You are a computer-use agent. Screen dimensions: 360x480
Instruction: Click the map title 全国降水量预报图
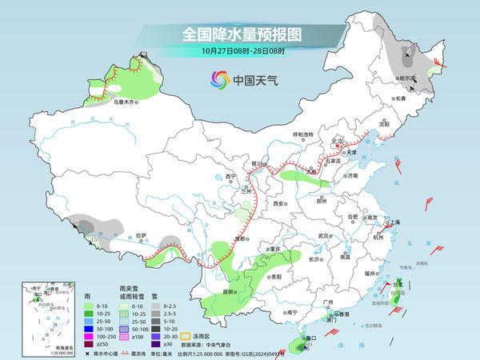click(x=239, y=34)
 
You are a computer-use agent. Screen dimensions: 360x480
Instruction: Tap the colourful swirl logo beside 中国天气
click(x=218, y=80)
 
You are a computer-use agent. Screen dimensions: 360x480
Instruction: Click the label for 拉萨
click(x=142, y=236)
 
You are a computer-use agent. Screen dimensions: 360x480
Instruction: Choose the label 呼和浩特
click(x=307, y=134)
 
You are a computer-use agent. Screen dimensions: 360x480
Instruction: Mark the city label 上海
click(x=394, y=222)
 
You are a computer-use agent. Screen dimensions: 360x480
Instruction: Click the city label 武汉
click(x=324, y=236)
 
